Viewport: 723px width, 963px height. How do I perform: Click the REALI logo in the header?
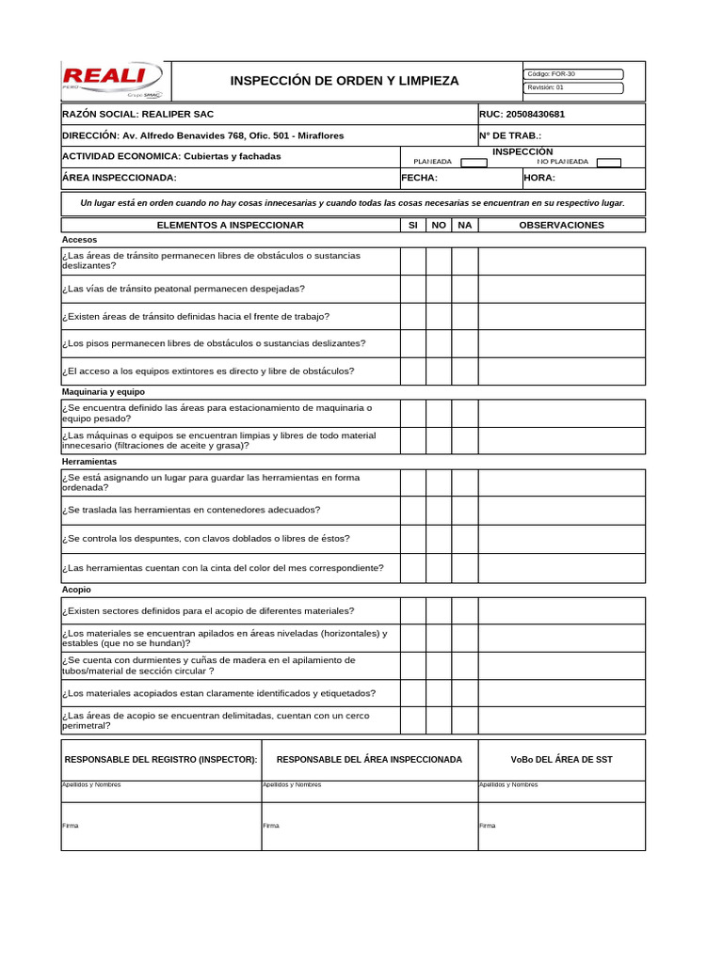tap(111, 80)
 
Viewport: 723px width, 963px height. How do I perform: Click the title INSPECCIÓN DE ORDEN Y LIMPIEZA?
tap(345, 81)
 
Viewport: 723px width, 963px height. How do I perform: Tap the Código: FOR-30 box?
tap(573, 73)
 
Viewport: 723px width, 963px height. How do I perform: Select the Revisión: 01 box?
tap(573, 87)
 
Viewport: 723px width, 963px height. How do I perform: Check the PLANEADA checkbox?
tap(474, 162)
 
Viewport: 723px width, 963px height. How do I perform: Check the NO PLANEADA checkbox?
tap(609, 162)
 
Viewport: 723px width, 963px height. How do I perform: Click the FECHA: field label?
tap(420, 178)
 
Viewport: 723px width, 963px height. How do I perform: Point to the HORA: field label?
tap(539, 178)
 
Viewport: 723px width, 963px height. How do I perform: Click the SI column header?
tap(412, 225)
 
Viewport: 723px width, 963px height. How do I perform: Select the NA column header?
tap(464, 225)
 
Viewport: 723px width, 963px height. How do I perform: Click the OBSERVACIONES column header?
tap(561, 225)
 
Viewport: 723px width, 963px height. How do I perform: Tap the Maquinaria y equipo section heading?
tap(104, 391)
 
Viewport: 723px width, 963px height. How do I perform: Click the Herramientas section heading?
tap(89, 462)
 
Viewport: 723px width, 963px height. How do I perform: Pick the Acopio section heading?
tap(76, 590)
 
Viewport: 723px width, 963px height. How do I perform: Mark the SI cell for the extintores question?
tap(412, 371)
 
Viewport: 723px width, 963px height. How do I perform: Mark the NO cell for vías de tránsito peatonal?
tap(438, 289)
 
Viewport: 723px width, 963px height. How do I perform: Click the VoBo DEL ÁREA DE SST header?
tap(561, 759)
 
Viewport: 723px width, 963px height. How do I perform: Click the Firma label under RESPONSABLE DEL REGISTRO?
tap(71, 826)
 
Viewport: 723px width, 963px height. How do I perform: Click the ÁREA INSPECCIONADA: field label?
tap(119, 178)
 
